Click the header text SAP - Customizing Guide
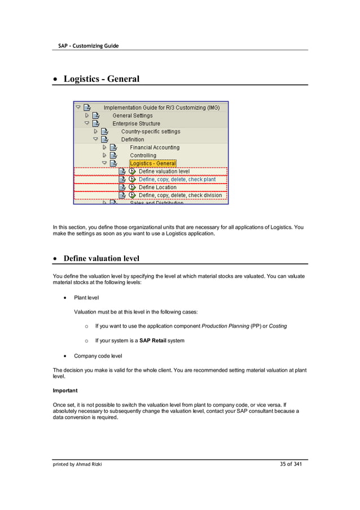pyautogui.click(x=88, y=45)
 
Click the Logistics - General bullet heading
pyautogui.click(x=101, y=79)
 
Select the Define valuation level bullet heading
pyautogui.click(x=101, y=259)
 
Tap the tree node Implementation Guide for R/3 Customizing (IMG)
pyautogui.click(x=161, y=107)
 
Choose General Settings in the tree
pyautogui.click(x=132, y=115)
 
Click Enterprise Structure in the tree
pyautogui.click(x=136, y=123)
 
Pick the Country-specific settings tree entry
pyautogui.click(x=151, y=132)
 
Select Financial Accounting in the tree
pyautogui.click(x=155, y=147)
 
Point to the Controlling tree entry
pyautogui.click(x=143, y=155)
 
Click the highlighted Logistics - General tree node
pyautogui.click(x=153, y=163)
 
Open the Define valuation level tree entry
pyautogui.click(x=164, y=171)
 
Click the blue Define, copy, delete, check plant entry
pyautogui.click(x=177, y=179)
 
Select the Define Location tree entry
pyautogui.click(x=157, y=187)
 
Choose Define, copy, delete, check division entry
pyautogui.click(x=180, y=195)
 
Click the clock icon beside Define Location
pyautogui.click(x=132, y=187)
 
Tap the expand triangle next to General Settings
pyautogui.click(x=87, y=115)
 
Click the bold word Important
pyautogui.click(x=65, y=390)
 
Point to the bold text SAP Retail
pyautogui.click(x=152, y=341)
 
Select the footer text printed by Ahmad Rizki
pyautogui.click(x=78, y=465)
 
